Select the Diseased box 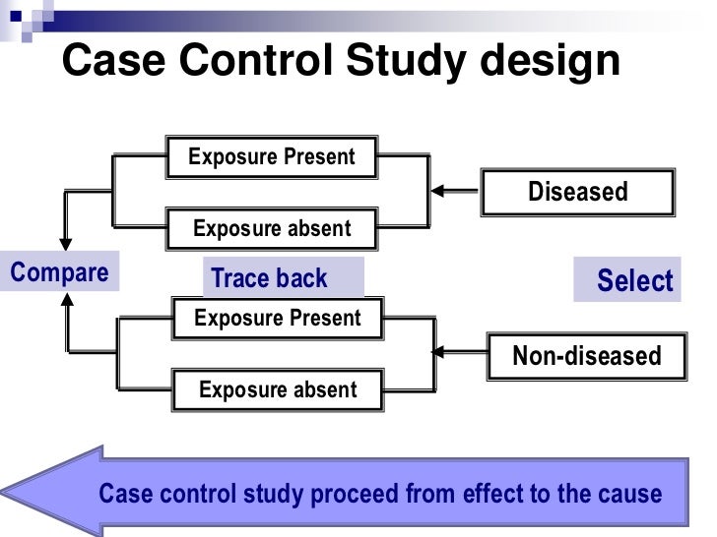click(x=577, y=192)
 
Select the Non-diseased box click(x=587, y=356)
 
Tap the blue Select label click(x=634, y=281)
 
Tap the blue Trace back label click(x=269, y=279)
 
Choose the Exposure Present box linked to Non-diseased click(x=277, y=319)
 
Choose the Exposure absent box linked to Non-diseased click(x=277, y=390)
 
